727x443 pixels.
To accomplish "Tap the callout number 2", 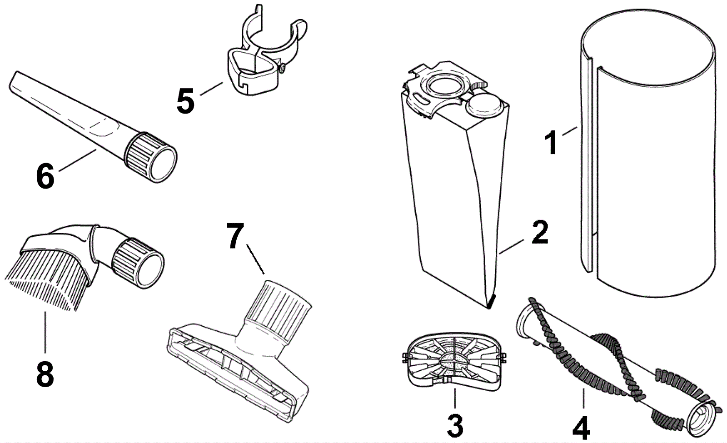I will click(x=539, y=233).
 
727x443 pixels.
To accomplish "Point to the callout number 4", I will click(x=581, y=428).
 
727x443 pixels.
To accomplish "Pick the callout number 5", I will click(x=185, y=100).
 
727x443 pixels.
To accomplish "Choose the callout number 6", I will click(x=45, y=176).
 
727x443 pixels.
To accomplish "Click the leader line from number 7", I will click(x=255, y=259).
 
